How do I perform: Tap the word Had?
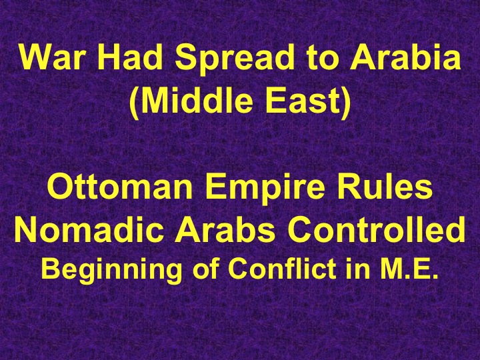click(x=129, y=61)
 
